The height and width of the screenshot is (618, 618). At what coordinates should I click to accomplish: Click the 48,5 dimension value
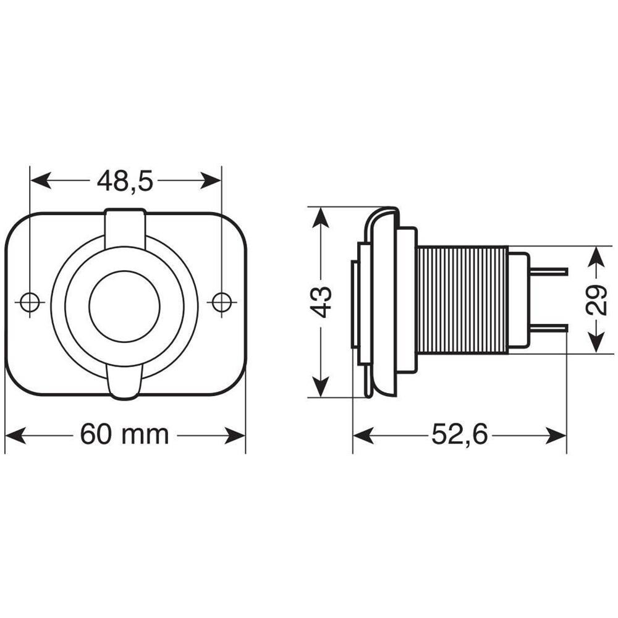pyautogui.click(x=125, y=180)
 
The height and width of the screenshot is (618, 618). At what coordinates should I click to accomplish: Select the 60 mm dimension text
pyautogui.click(x=125, y=435)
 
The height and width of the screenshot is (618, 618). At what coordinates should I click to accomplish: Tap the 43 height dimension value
pyautogui.click(x=321, y=302)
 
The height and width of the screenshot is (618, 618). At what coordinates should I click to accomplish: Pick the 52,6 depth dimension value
pyautogui.click(x=460, y=435)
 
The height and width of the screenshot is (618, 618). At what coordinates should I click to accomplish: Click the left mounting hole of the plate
pyautogui.click(x=29, y=302)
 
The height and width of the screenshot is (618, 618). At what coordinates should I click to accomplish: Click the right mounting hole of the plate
pyautogui.click(x=221, y=302)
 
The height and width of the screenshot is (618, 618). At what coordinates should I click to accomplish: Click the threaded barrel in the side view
pyautogui.click(x=462, y=300)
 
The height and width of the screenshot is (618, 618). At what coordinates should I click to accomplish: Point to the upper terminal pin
pyautogui.click(x=549, y=272)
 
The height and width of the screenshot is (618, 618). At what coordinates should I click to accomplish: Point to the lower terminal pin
pyautogui.click(x=549, y=328)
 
